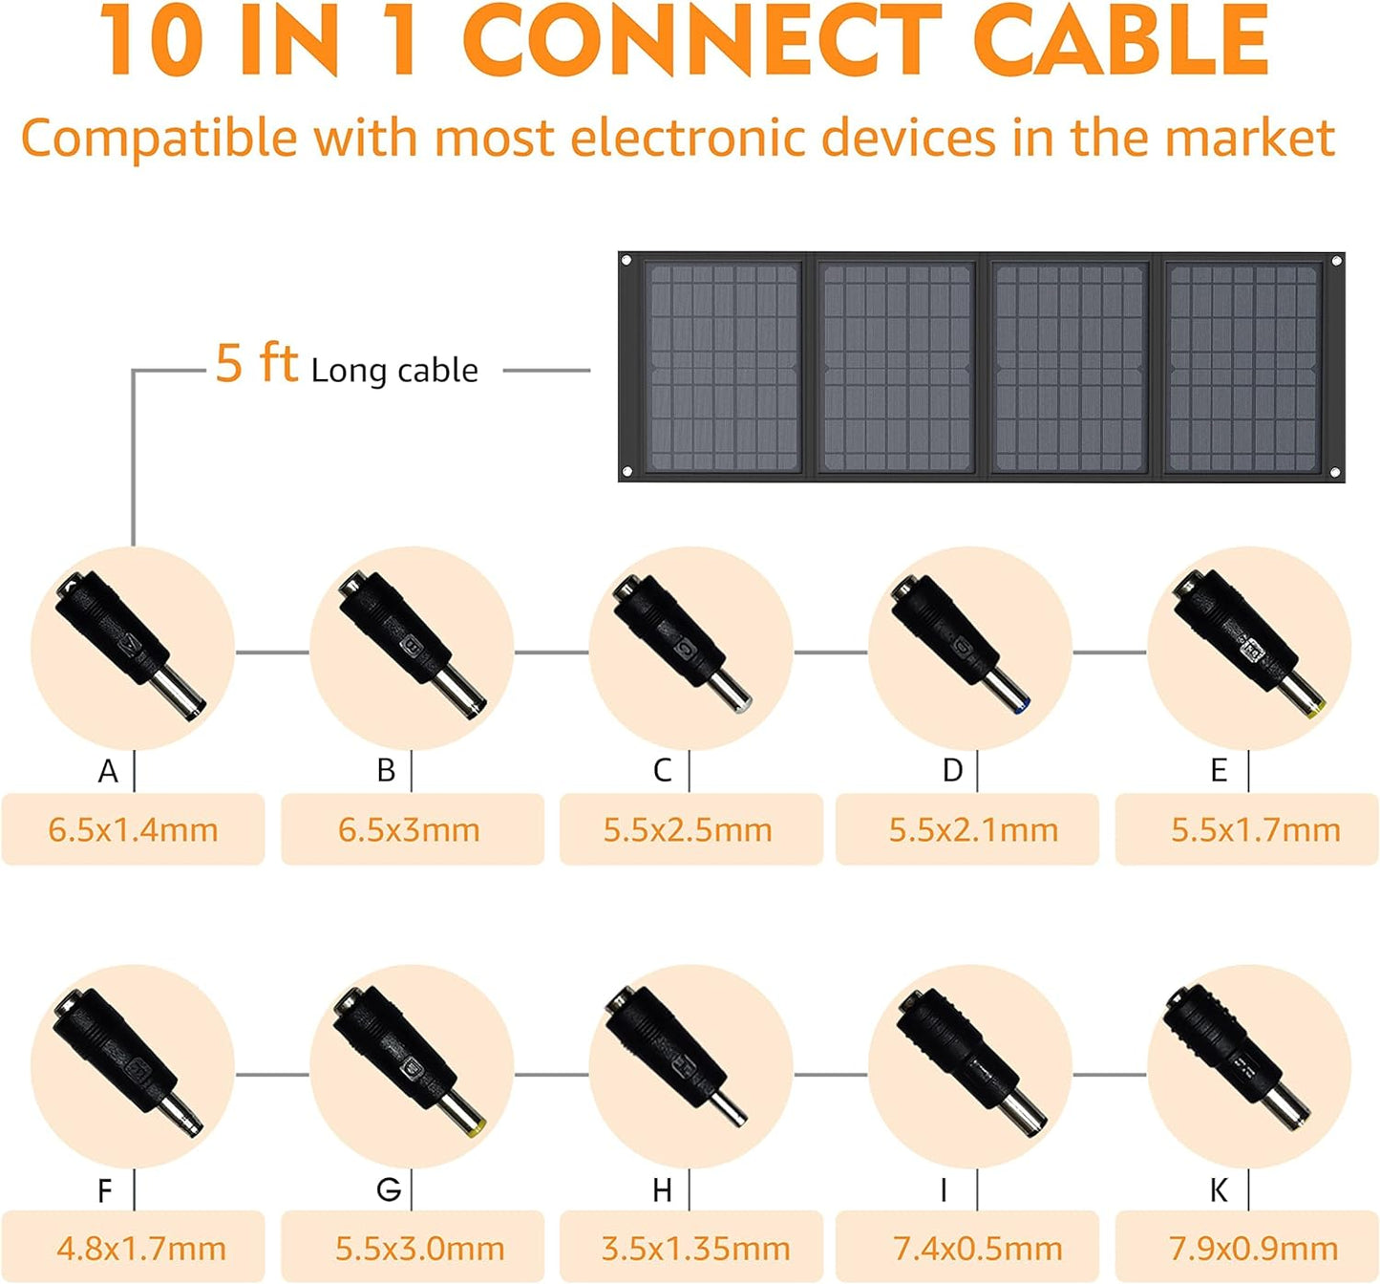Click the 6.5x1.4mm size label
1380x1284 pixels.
coord(133,830)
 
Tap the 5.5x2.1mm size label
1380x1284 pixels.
coord(973,830)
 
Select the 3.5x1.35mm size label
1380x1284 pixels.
coord(695,1250)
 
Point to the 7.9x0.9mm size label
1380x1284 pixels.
coord(1253,1250)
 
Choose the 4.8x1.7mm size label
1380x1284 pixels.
coord(141,1250)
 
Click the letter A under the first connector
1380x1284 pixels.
coord(108,771)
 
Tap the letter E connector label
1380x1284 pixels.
coord(1219,771)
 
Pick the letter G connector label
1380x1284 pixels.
coord(389,1190)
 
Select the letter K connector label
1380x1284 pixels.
coord(1218,1190)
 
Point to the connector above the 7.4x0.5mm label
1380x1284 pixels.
coord(970,1062)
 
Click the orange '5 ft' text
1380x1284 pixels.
coord(256,362)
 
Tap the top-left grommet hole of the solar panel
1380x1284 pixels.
coord(626,261)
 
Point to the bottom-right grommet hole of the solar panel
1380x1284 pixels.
coord(1335,473)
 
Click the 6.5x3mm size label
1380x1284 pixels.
coord(410,830)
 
